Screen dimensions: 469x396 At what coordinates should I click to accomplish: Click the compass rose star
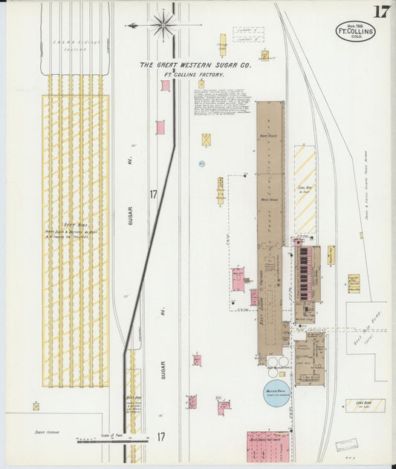163,24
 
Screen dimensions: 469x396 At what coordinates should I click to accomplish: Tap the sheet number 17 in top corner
381,11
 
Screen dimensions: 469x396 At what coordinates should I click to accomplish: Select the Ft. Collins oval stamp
355,31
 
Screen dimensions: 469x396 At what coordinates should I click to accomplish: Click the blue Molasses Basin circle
275,394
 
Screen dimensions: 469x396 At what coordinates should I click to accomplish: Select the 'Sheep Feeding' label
46,431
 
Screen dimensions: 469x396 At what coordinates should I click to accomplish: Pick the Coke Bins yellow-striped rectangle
365,405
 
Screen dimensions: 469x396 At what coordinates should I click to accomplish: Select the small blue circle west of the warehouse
201,163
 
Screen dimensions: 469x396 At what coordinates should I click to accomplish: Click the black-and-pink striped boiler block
304,273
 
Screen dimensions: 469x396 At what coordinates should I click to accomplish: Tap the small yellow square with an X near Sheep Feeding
36,406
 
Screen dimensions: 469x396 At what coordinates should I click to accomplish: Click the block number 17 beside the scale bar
160,437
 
